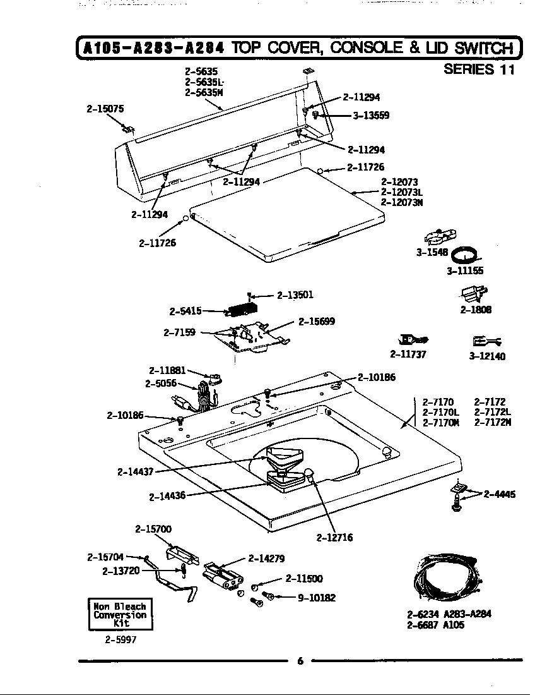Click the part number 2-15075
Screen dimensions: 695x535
(x=105, y=109)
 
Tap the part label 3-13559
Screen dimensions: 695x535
(x=370, y=116)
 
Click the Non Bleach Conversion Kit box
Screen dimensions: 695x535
(x=120, y=614)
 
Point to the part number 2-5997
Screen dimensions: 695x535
(x=120, y=639)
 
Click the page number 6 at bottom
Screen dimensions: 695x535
(x=300, y=661)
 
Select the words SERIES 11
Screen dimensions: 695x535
(x=479, y=69)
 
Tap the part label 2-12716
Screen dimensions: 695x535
(x=334, y=538)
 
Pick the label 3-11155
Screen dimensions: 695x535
(x=465, y=272)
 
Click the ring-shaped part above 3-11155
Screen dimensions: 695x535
(x=468, y=255)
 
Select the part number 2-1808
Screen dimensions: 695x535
(x=476, y=310)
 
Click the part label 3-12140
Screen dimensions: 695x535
(x=487, y=356)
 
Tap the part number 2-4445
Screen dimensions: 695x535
(x=499, y=494)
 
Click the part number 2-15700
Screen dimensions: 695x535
(x=153, y=529)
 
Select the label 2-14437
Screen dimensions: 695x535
(x=136, y=471)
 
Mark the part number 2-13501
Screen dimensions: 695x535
(x=295, y=294)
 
